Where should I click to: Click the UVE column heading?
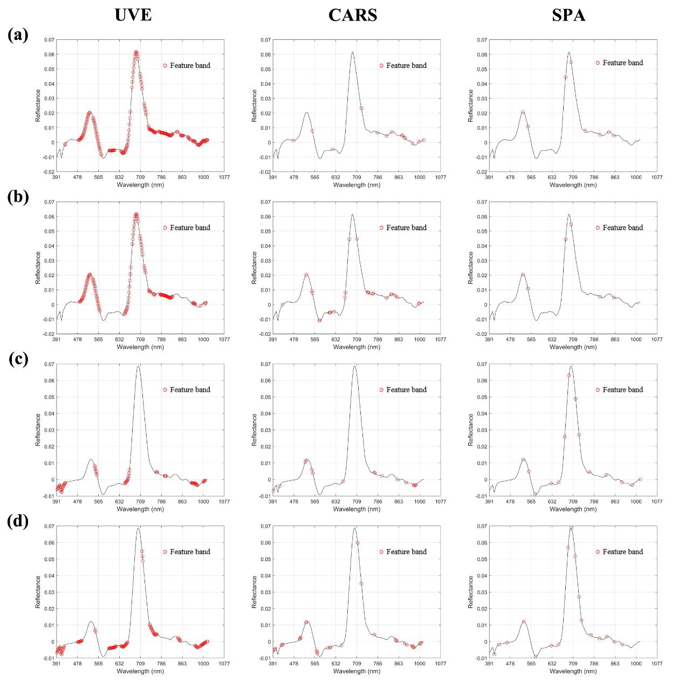click(133, 15)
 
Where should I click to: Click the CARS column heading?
click(353, 15)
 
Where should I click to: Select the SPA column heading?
click(568, 15)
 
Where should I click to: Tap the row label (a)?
click(18, 35)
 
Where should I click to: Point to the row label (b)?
click(18, 197)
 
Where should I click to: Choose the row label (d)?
click(18, 522)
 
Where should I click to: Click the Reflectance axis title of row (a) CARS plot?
click(255, 106)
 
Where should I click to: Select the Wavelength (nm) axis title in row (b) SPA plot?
click(573, 347)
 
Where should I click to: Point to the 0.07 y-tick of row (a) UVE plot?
click(49, 40)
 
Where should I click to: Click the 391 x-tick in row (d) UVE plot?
click(57, 664)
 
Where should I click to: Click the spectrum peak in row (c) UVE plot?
click(139, 367)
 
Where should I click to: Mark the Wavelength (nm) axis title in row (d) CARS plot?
click(357, 672)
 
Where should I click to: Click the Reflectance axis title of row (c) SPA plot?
click(471, 430)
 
